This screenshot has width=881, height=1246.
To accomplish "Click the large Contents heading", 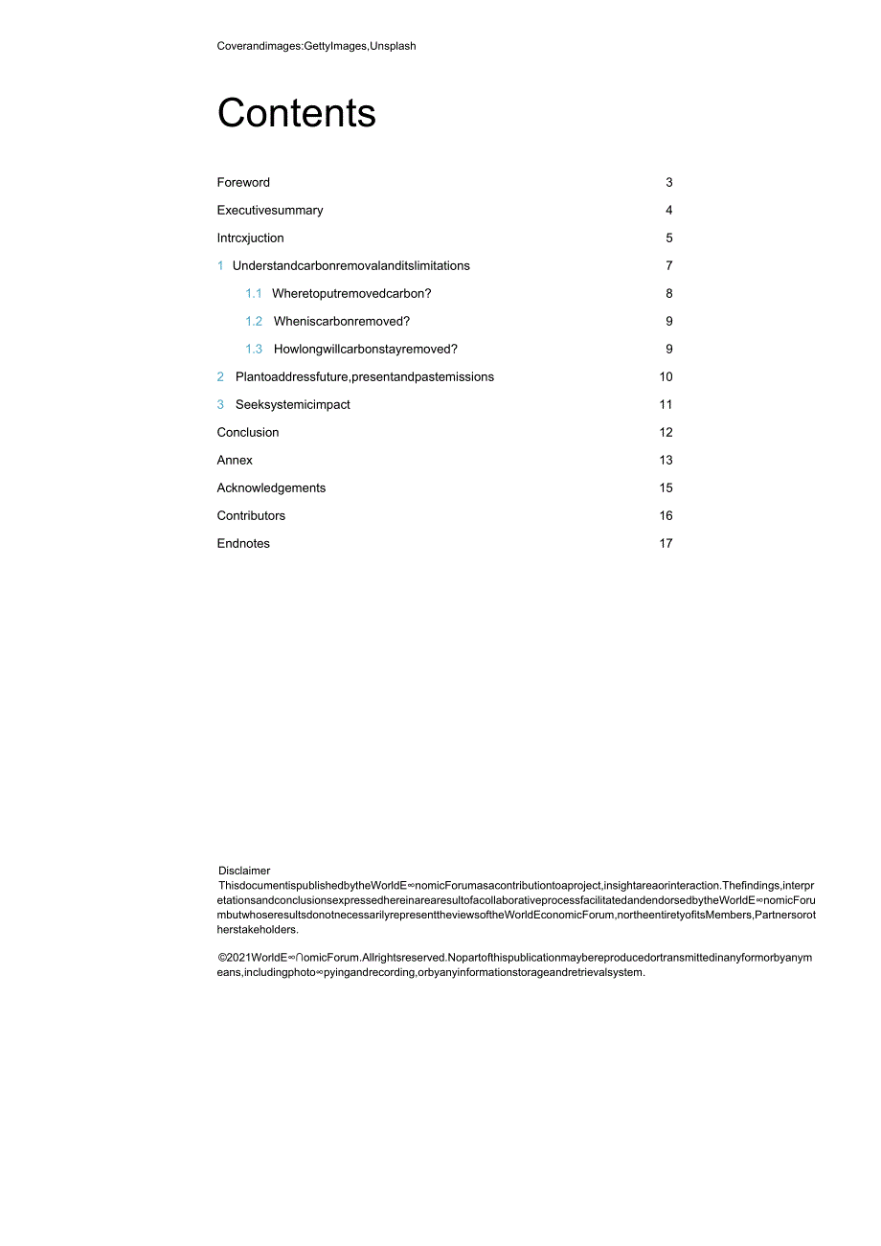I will pos(296,114).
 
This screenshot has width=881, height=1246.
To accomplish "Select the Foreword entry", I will pos(243,183).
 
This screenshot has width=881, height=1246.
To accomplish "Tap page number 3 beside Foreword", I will pos(669,183).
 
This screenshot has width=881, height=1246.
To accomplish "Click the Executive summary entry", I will pos(270,211).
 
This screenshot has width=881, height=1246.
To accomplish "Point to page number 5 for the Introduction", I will pos(669,238).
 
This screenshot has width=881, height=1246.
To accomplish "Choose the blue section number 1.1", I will pos(253,294).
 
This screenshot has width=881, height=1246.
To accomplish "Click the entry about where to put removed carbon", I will pos(351,294).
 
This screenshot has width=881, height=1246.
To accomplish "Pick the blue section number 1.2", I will pos(253,322).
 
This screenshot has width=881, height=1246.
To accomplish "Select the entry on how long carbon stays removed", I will pos(366,350).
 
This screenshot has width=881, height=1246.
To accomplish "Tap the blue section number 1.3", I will pos(253,350).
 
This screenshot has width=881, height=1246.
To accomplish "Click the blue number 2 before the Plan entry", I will pos(220,377).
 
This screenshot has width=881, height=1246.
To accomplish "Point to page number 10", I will pos(666,377).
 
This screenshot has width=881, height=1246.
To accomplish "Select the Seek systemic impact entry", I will pos(293,405).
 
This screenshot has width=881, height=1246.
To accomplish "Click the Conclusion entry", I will pos(248,433).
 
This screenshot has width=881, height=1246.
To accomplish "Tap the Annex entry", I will pos(235,461).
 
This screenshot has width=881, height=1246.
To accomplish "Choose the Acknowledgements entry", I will pos(271,488).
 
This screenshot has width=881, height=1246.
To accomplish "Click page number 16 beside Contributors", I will pos(666,516).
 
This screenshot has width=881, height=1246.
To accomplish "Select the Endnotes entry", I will pos(243,544).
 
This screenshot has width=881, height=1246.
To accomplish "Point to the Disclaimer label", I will pos(244,871).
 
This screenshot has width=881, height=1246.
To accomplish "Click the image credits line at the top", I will pos(316,46).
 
